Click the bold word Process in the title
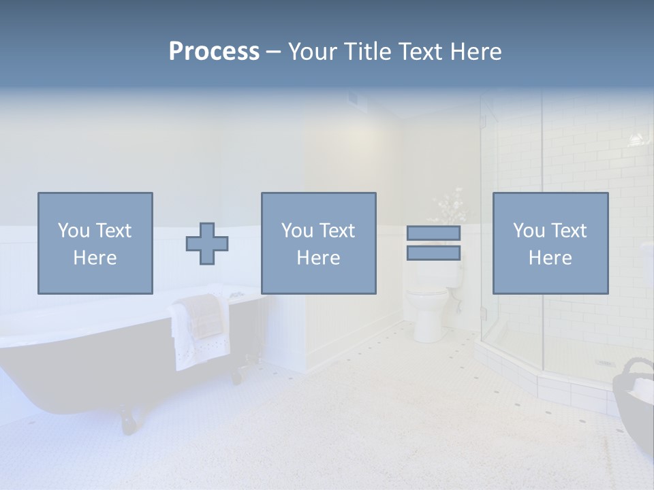tap(214, 52)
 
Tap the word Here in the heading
tap(476, 52)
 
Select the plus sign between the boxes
tap(207, 243)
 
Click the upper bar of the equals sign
tap(433, 233)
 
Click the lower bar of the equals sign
tap(433, 253)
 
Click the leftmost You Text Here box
tap(95, 243)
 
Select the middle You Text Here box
tap(318, 243)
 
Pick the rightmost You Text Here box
tap(550, 243)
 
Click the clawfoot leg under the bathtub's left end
tap(129, 419)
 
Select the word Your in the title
tap(314, 52)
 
